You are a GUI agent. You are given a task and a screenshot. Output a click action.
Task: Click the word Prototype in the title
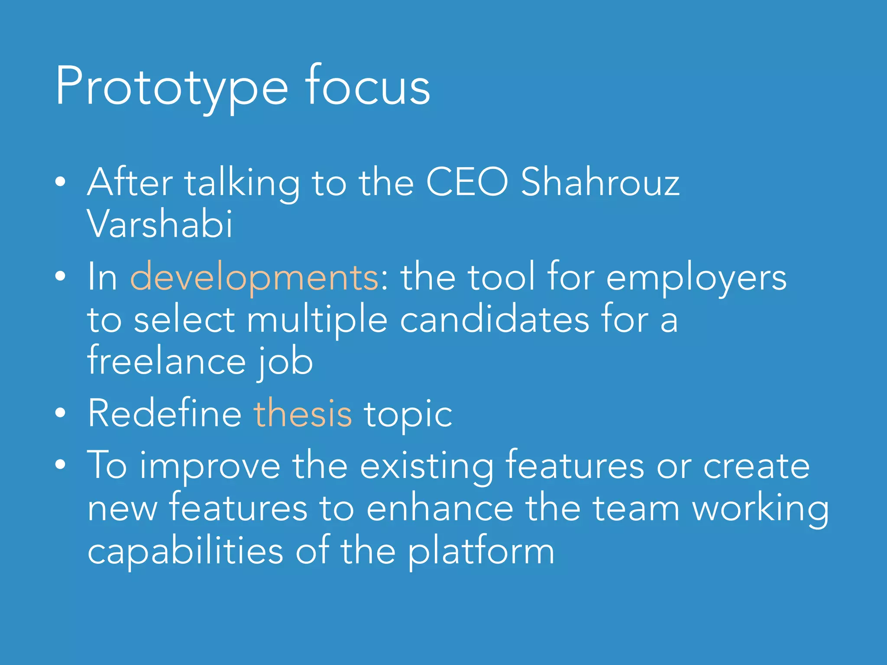[x=172, y=87]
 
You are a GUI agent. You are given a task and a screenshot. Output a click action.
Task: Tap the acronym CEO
[x=467, y=183]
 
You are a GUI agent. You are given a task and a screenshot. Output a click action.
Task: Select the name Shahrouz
[x=600, y=183]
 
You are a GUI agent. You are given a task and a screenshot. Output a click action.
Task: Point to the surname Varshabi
[x=160, y=224]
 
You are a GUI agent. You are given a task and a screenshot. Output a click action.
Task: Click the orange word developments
[x=255, y=278]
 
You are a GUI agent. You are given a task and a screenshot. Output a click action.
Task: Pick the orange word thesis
[x=303, y=413]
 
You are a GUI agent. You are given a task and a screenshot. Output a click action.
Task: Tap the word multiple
[x=317, y=321]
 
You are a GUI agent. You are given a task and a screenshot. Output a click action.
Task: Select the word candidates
[x=494, y=320]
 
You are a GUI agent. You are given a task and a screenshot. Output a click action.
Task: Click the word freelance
[x=167, y=362]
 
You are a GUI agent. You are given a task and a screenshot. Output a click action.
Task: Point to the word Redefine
[x=165, y=413]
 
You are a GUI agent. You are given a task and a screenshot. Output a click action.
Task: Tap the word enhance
[x=440, y=508]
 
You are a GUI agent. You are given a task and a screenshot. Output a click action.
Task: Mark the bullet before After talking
[x=61, y=182]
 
